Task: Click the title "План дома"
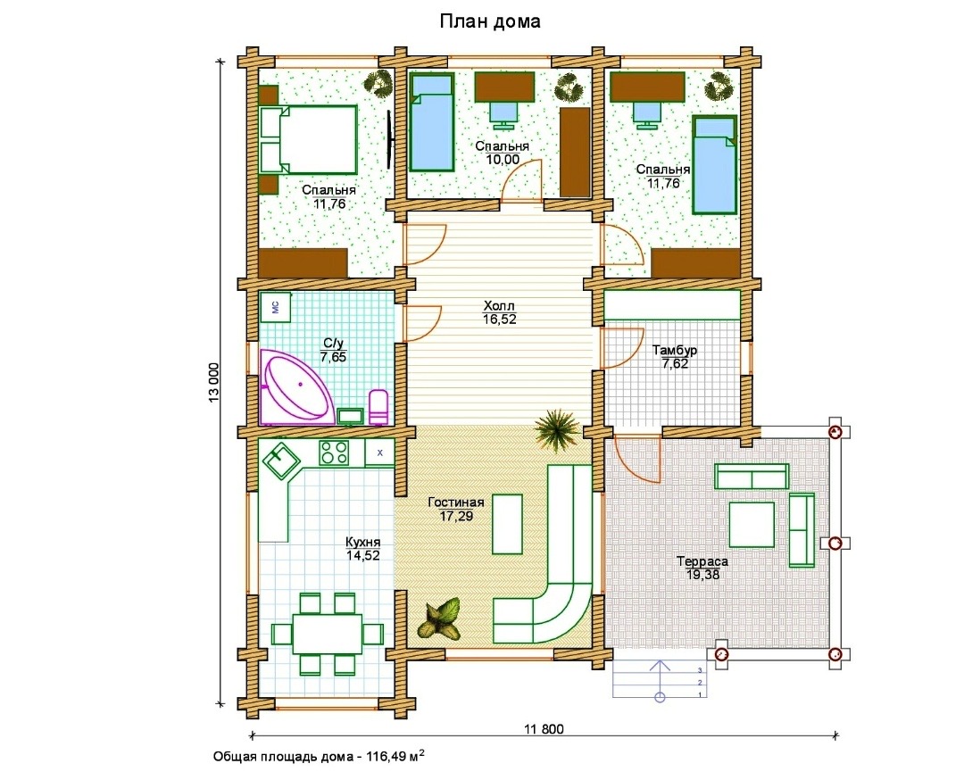coord(490,21)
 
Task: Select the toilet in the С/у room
coord(378,407)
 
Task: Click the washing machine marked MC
coord(276,307)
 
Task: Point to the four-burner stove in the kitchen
coord(334,453)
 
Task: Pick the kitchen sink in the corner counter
coord(281,461)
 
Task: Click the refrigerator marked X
coord(380,453)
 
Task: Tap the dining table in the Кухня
coord(327,633)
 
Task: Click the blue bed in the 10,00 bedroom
coord(432,121)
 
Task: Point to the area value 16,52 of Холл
coord(499,320)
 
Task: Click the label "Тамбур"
coord(675,351)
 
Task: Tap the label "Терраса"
coord(702,561)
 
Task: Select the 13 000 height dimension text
coord(214,383)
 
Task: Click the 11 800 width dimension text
coord(544,729)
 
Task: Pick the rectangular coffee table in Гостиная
coord(507,524)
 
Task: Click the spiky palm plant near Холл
coord(556,429)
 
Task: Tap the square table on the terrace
coord(752,524)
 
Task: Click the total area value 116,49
coord(386,757)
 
